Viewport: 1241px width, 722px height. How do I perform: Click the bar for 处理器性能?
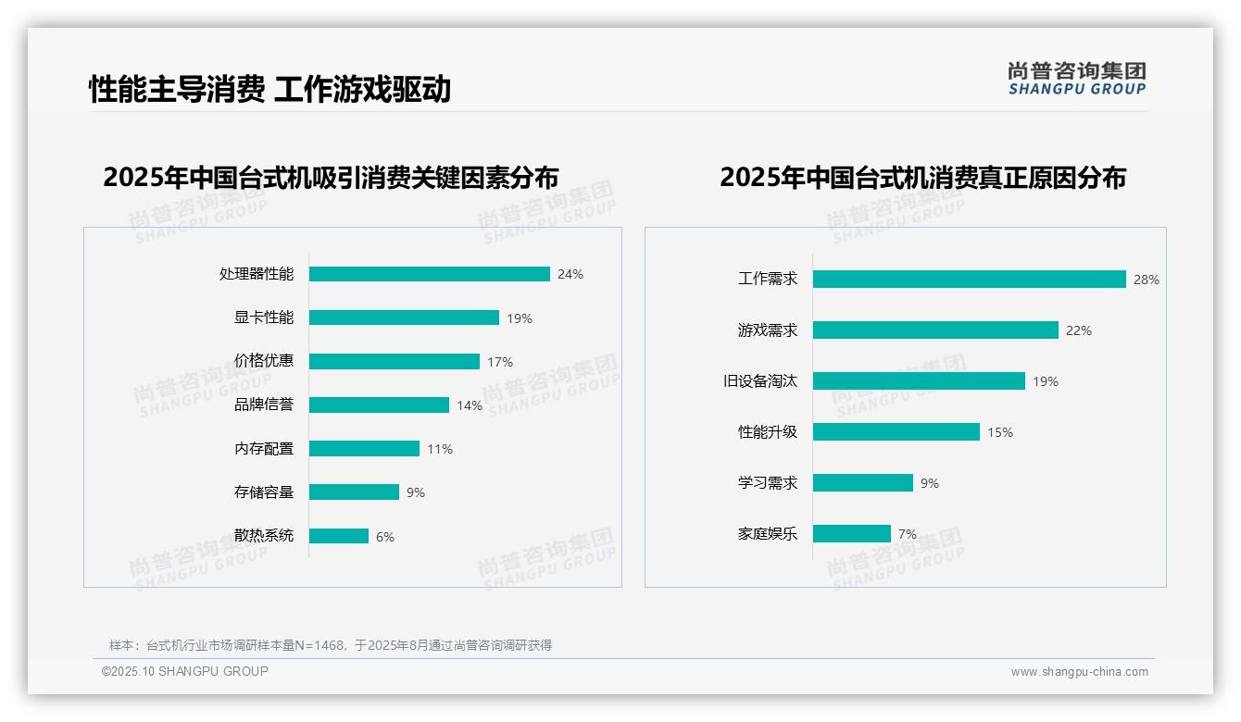(x=429, y=274)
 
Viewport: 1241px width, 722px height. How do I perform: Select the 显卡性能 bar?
(x=404, y=317)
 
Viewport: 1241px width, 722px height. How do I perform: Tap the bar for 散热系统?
(x=338, y=536)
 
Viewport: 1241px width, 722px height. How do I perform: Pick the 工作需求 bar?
(x=969, y=280)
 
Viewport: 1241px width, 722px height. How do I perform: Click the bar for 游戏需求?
(x=935, y=330)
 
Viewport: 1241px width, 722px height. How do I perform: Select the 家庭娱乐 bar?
(x=851, y=534)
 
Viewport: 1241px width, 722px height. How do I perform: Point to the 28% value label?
(x=1146, y=280)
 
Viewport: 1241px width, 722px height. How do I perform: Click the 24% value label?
(x=570, y=274)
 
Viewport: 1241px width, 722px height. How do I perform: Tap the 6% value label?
(x=384, y=537)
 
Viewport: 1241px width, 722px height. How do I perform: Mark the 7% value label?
(x=907, y=534)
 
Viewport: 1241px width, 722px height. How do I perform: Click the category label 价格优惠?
(x=263, y=361)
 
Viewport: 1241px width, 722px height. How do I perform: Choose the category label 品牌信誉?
(x=263, y=405)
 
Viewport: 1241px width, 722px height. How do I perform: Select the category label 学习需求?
(x=767, y=483)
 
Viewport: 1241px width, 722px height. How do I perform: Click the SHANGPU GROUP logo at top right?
(x=1076, y=79)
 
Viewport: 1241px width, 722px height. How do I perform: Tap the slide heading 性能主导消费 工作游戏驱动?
(x=270, y=89)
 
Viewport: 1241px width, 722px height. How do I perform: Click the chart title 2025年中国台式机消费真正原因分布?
(x=922, y=178)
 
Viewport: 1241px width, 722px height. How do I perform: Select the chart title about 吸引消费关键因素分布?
(x=331, y=178)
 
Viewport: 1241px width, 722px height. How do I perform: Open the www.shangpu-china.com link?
(x=1079, y=672)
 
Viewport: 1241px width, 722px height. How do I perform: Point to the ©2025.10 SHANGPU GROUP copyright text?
(x=184, y=671)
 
